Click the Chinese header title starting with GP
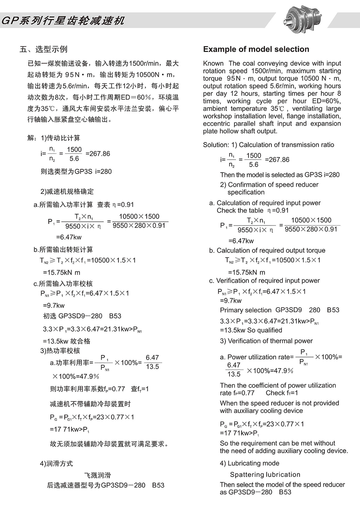[x=63, y=21]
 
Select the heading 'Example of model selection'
[x=256, y=49]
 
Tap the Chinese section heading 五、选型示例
[x=44, y=49]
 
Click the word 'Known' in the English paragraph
[x=213, y=63]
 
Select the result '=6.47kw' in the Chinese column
[x=69, y=237]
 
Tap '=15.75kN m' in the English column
[x=246, y=272]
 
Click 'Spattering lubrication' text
[x=265, y=474]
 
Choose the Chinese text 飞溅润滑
[x=98, y=475]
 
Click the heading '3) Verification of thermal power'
[x=266, y=341]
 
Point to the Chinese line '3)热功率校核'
[x=60, y=351]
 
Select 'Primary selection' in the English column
[x=245, y=310]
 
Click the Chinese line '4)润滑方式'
[x=56, y=463]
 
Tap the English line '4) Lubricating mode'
[x=249, y=463]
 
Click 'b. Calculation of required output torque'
[x=267, y=250]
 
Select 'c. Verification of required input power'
[x=264, y=280]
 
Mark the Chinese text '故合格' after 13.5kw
[x=80, y=341]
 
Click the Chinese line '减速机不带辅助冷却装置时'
[x=90, y=404]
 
